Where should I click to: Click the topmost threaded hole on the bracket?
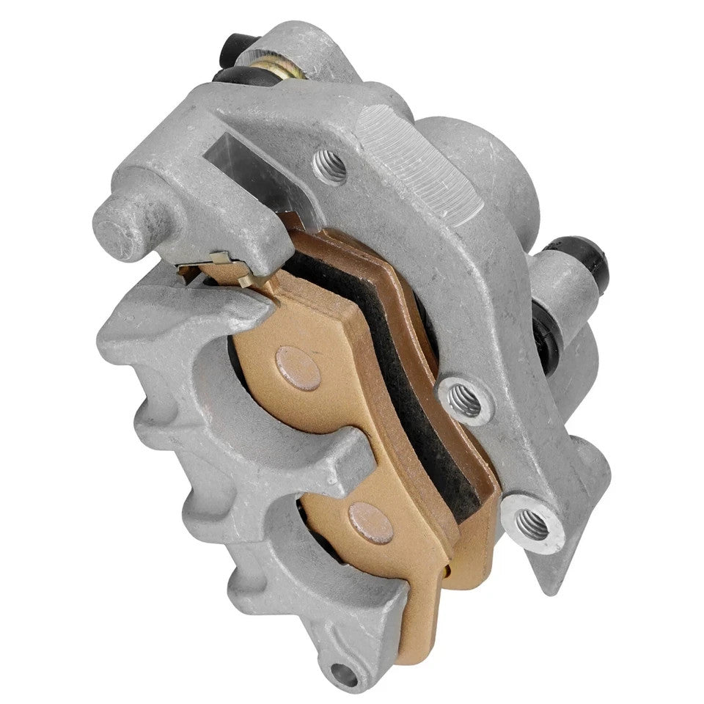tap(330, 167)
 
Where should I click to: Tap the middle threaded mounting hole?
tap(463, 402)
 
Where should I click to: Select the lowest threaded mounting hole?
tap(532, 524)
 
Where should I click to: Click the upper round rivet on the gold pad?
tap(298, 367)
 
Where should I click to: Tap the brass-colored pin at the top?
tap(272, 65)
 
